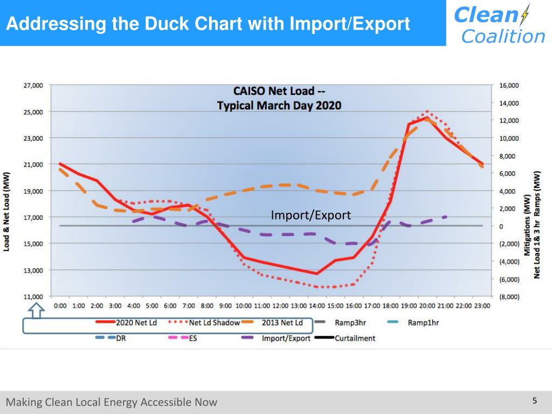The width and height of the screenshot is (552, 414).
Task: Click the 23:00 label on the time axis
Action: (481, 306)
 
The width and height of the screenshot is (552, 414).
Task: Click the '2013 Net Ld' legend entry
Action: (282, 323)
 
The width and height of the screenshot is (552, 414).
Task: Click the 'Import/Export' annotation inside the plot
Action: (310, 216)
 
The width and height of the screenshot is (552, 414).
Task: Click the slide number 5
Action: (535, 401)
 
